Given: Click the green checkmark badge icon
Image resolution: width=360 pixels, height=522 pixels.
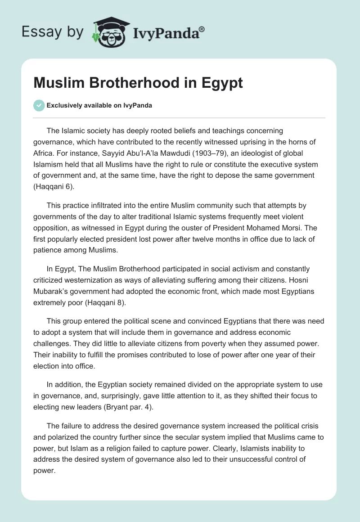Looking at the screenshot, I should point(39,105).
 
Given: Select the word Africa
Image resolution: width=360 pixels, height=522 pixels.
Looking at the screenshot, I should point(44,153).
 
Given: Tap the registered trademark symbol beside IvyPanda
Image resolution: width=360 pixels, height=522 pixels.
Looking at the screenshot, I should point(202,28).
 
